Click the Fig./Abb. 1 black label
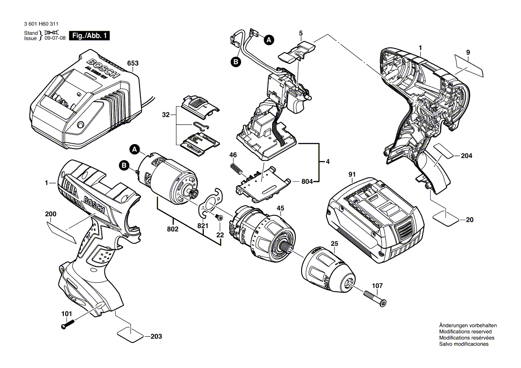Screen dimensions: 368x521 tap(89, 36)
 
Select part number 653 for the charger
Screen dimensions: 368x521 tap(132, 63)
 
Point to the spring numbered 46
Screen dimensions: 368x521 tap(236, 170)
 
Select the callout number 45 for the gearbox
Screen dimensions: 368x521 tap(281, 208)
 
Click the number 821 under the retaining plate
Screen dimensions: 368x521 tap(203, 226)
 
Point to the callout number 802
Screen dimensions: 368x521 tap(173, 229)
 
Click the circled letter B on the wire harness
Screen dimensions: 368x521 tap(236, 62)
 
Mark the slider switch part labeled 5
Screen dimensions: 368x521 tap(295, 52)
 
